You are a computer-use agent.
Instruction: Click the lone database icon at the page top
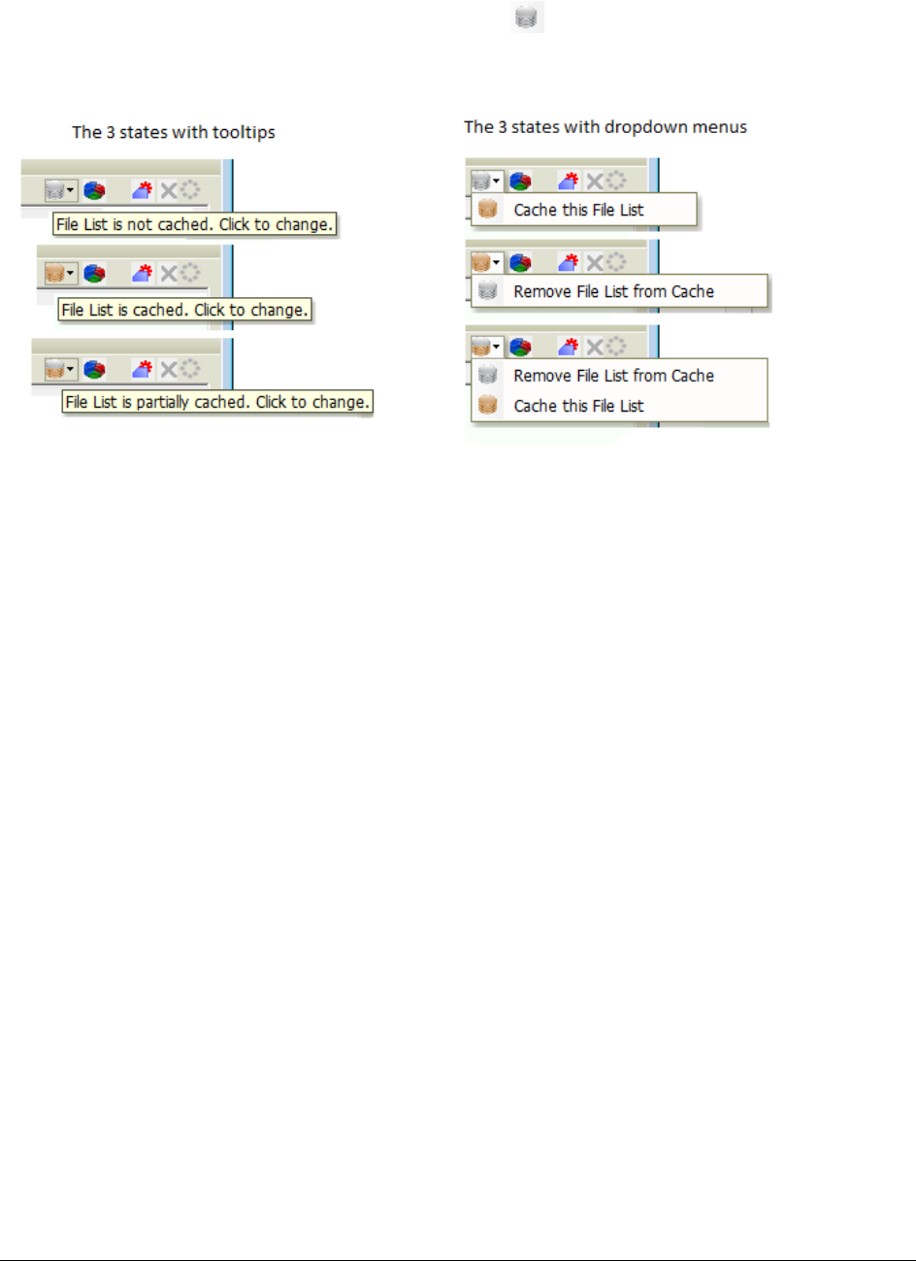click(528, 17)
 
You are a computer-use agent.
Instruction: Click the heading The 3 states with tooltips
click(174, 132)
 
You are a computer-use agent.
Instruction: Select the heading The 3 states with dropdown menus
click(605, 127)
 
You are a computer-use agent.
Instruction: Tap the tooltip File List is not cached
click(194, 224)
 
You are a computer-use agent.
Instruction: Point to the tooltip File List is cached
click(184, 311)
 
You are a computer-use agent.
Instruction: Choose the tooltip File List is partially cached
click(217, 402)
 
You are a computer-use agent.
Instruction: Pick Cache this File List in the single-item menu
click(578, 210)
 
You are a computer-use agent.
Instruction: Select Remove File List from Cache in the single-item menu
click(613, 291)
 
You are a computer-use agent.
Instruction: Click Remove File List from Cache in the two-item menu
click(613, 376)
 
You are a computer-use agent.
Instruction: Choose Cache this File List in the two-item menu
click(578, 406)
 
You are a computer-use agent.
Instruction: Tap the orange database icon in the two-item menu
click(488, 406)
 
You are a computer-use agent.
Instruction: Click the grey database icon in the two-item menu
click(488, 376)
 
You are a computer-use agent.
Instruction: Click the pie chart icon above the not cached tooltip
click(94, 191)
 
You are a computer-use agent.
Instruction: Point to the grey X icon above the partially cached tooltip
click(169, 369)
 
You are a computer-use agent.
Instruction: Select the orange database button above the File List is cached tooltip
click(54, 274)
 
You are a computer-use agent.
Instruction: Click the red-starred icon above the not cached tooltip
click(143, 190)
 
